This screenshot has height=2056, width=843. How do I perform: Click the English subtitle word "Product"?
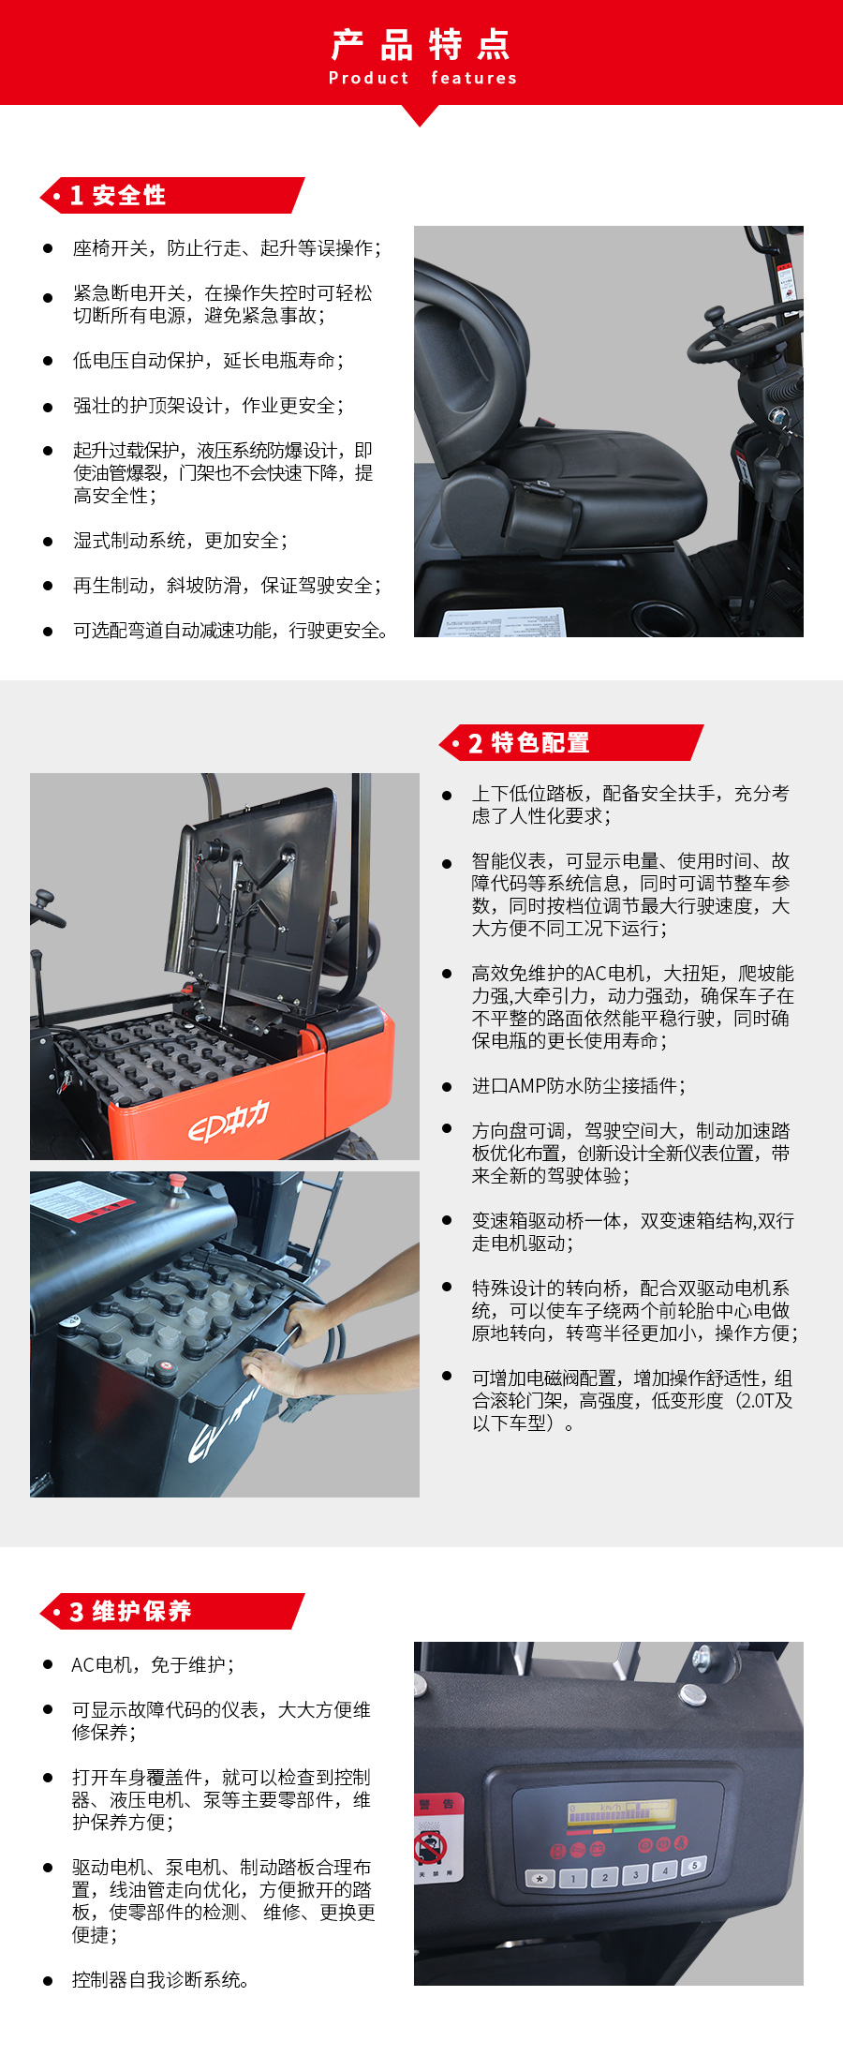tap(368, 78)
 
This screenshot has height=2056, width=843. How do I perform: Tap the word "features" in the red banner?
tap(474, 78)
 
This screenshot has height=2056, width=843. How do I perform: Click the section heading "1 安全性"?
tap(118, 195)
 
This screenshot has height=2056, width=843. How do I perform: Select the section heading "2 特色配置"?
tap(528, 743)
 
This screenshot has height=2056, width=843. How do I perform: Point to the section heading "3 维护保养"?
tap(130, 1611)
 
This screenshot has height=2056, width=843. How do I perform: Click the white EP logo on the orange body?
tap(229, 1121)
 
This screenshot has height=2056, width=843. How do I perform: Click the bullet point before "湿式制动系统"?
tap(48, 541)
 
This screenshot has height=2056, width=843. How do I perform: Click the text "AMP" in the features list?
tap(527, 1086)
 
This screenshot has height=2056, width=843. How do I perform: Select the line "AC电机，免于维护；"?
tap(153, 1664)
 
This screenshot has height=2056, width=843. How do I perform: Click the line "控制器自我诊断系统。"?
tap(161, 1979)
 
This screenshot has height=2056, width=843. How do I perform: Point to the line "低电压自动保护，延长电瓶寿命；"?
tap(208, 361)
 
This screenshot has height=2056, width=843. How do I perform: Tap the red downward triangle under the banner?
tap(421, 115)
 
